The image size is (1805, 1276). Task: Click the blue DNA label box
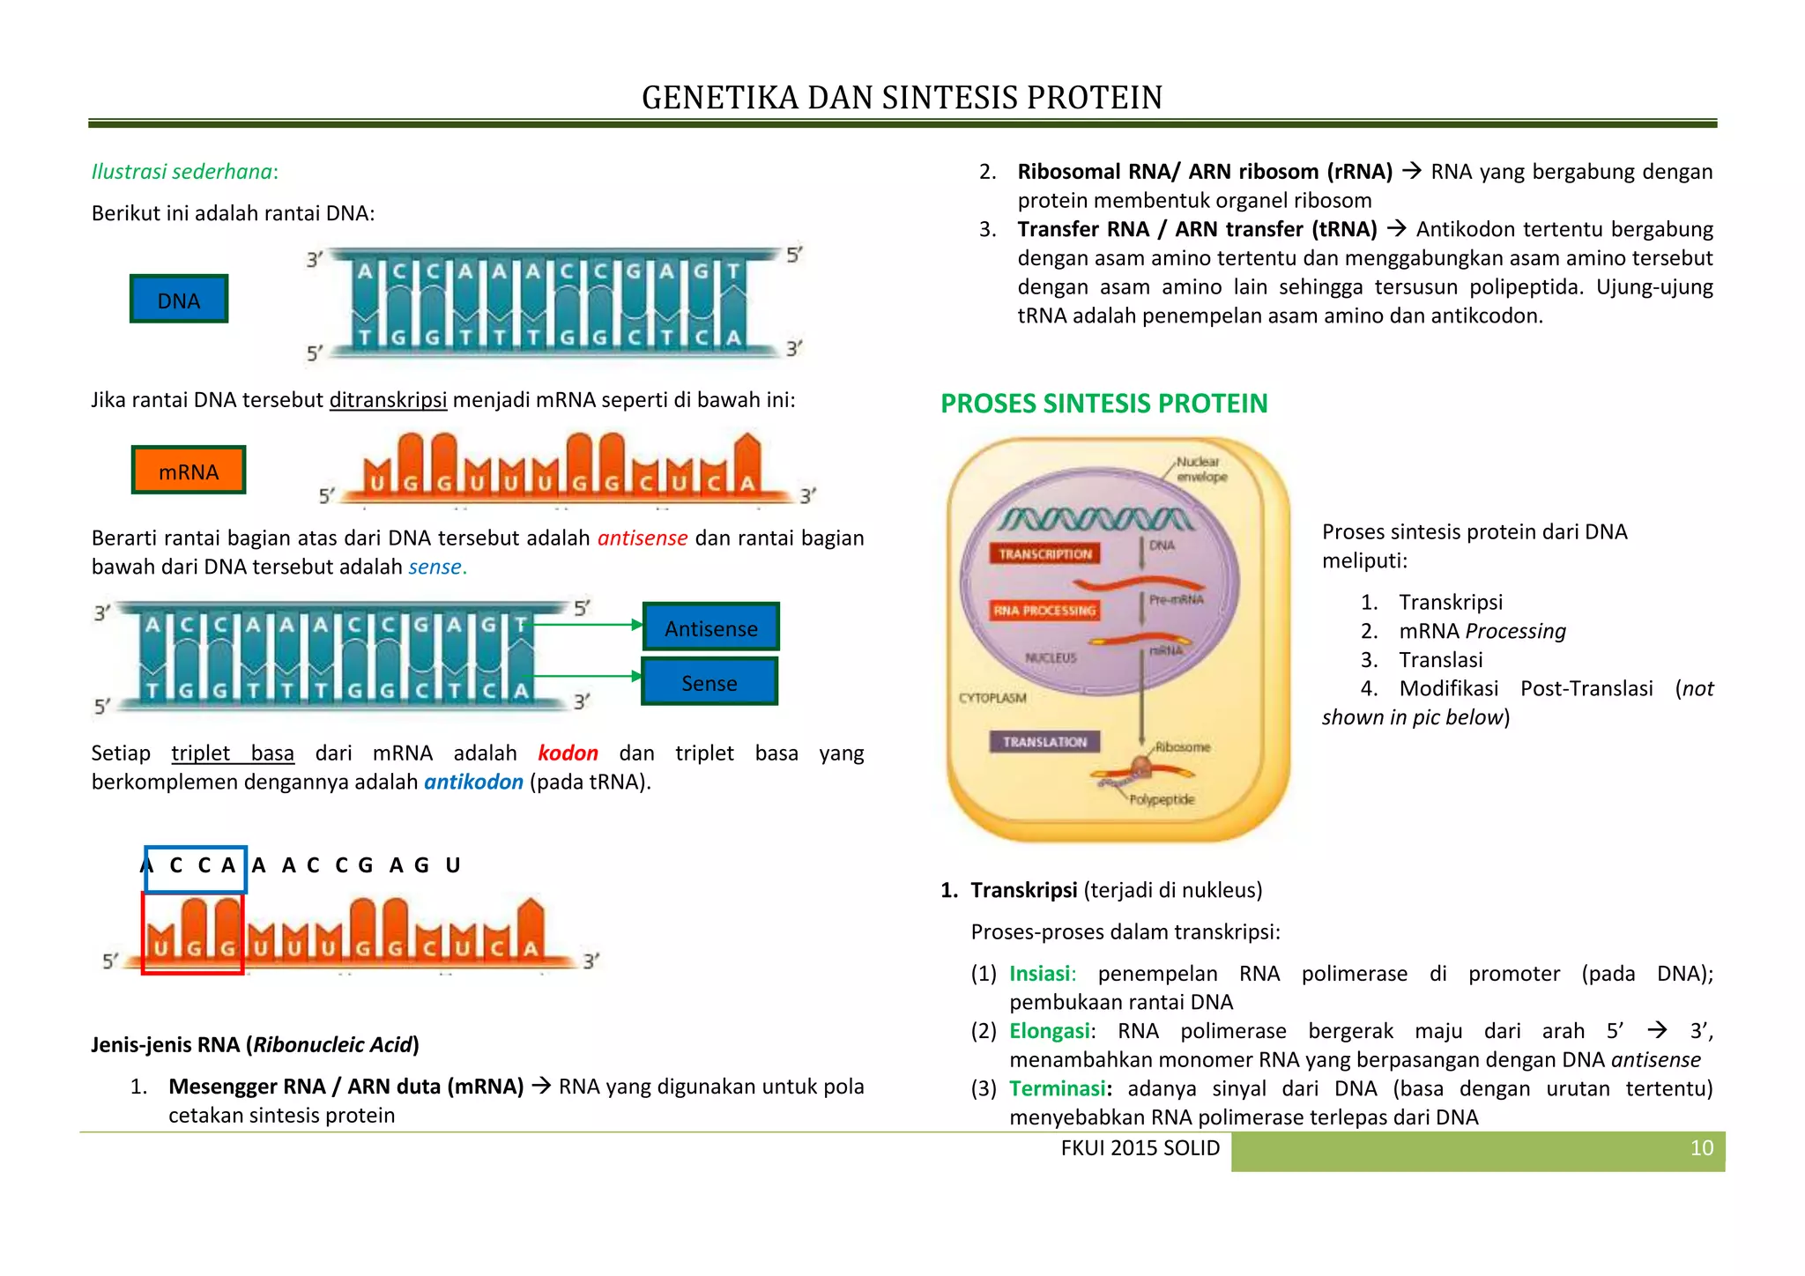coord(179,300)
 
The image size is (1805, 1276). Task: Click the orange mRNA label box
coord(189,471)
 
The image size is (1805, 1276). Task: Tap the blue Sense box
coord(709,682)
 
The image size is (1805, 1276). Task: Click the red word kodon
coord(568,753)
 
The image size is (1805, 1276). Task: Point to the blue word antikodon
coord(473,783)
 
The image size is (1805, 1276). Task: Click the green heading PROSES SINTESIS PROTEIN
coord(1103,404)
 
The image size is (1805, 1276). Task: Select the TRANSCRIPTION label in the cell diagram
coord(1045,553)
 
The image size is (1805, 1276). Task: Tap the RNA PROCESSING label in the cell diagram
coord(1045,610)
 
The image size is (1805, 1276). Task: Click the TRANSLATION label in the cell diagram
coord(1044,742)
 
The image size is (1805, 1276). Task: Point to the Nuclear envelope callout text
coord(1201,469)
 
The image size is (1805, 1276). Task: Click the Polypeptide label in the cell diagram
coord(1162,799)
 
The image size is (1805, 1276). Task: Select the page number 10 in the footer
coord(1701,1148)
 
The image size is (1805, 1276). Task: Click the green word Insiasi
coord(1042,974)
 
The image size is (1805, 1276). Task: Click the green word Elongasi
coord(1049,1031)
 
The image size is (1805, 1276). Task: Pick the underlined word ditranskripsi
coord(388,400)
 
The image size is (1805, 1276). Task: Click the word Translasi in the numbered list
coord(1440,660)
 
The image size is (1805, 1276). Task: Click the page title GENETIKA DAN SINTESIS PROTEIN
coord(902,97)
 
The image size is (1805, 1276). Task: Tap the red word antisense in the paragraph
coord(642,538)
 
